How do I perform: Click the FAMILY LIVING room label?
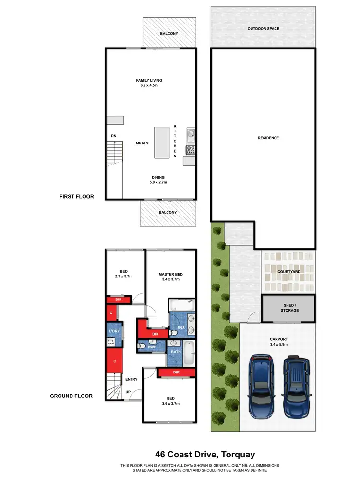tap(148, 83)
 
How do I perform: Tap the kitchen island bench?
tap(162, 143)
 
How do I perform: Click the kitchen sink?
tap(190, 133)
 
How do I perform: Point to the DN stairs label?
tap(114, 136)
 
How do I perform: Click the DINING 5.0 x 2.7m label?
tap(158, 180)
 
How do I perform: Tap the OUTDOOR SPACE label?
tap(263, 29)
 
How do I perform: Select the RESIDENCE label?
tap(268, 138)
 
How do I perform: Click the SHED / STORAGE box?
tap(289, 307)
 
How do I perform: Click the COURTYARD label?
tap(289, 272)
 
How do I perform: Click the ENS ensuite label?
tap(181, 328)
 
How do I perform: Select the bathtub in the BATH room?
tap(189, 353)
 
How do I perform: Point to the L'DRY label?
tap(114, 332)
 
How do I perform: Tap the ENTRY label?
tap(131, 379)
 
